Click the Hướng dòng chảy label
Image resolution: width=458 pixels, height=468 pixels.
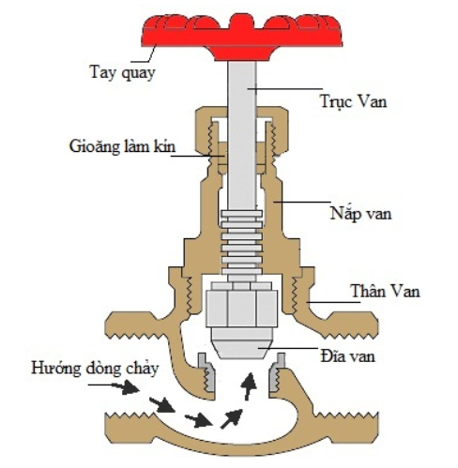pos(88,367)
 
